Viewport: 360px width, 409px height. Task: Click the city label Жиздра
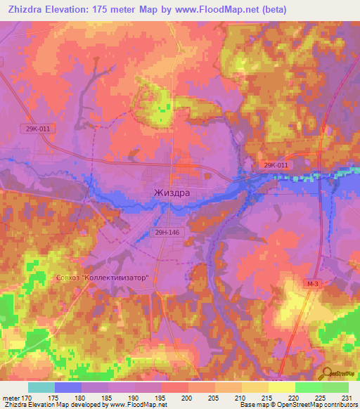(x=172, y=192)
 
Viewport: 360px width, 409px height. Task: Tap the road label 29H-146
(x=167, y=231)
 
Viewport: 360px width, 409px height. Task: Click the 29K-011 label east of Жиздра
(x=275, y=164)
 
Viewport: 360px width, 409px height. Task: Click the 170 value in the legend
(x=27, y=398)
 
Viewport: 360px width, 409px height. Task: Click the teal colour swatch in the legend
(x=41, y=387)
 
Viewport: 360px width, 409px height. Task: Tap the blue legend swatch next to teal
(x=68, y=387)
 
